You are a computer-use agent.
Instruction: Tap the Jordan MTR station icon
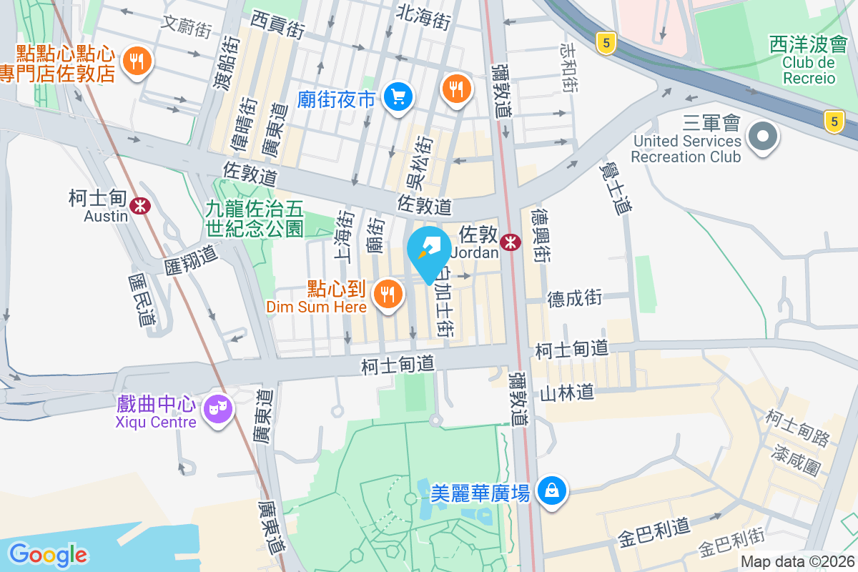coord(510,242)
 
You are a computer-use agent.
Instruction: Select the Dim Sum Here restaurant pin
coord(388,292)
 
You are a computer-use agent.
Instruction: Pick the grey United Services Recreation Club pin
coord(762,135)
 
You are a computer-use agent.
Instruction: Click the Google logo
coord(48,554)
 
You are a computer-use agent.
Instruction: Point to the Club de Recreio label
coord(809,70)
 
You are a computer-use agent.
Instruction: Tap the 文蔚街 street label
coord(186,26)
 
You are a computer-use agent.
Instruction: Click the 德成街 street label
coord(575,298)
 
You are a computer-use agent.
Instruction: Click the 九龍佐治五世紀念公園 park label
coord(255,219)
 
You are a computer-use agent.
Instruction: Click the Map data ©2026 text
coord(797,562)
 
